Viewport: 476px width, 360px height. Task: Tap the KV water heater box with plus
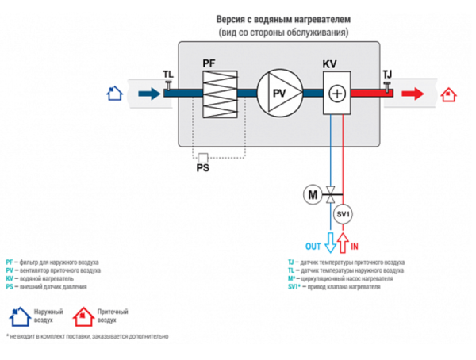(336, 94)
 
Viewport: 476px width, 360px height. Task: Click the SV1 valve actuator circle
(343, 215)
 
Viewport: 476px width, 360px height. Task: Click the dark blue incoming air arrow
(148, 94)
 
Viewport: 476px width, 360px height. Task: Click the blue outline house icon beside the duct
(116, 94)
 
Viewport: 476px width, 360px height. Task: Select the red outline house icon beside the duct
(448, 94)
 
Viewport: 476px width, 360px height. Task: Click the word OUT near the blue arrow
(313, 246)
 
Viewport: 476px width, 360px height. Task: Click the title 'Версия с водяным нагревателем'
(283, 18)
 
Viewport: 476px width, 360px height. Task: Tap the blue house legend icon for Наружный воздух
(19, 319)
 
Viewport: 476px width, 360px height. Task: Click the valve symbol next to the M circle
(330, 193)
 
